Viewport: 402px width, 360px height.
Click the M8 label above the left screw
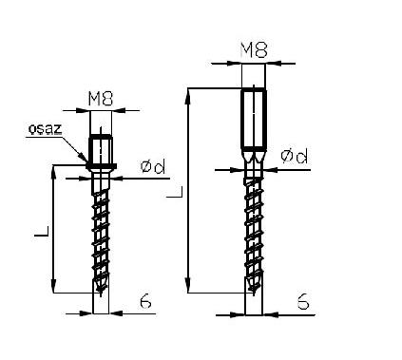click(x=101, y=99)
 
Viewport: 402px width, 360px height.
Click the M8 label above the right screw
click(x=254, y=50)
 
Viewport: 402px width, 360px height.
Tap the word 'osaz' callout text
click(x=45, y=129)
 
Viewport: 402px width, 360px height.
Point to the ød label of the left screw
click(x=153, y=167)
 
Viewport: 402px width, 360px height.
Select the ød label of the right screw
click(x=295, y=156)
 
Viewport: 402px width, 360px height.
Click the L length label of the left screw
click(x=42, y=232)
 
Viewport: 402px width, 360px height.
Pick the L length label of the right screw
click(x=175, y=192)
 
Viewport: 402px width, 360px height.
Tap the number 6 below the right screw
click(x=303, y=301)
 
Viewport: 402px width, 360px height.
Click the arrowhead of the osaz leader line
click(x=84, y=158)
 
